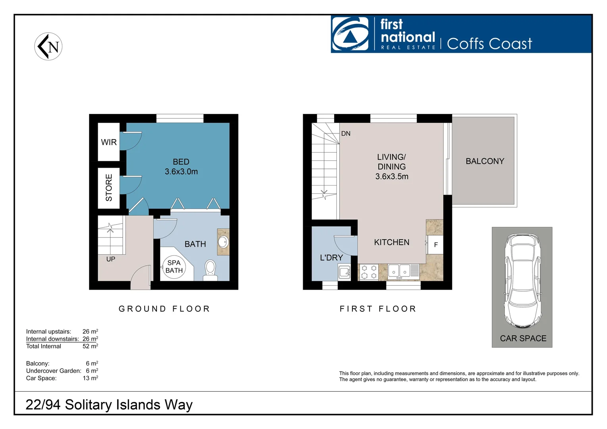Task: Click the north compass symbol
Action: click(48, 46)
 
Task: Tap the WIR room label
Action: click(108, 142)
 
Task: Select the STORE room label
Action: click(109, 187)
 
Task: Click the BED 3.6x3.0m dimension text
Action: click(181, 172)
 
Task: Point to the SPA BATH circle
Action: click(174, 267)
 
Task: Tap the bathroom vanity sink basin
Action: click(223, 242)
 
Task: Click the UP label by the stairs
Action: click(110, 259)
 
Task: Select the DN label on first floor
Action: click(346, 133)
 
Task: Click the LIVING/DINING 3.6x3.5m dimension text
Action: click(392, 176)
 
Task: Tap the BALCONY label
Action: click(485, 161)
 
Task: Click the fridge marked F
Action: click(435, 245)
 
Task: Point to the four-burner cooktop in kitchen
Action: click(369, 272)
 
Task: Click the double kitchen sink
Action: click(399, 271)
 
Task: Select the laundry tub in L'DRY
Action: click(344, 272)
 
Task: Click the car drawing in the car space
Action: click(522, 280)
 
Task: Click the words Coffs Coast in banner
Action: click(489, 44)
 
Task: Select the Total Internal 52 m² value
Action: click(90, 346)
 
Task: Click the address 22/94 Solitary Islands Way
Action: click(109, 405)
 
